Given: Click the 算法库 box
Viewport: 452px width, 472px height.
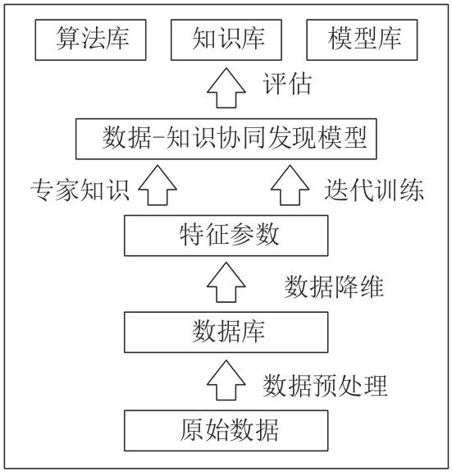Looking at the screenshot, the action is (90, 40).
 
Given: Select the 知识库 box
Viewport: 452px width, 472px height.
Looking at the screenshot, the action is (226, 40).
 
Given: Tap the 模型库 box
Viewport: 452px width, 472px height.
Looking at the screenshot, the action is (362, 40).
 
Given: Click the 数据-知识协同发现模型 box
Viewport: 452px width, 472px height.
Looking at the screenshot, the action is (226, 139).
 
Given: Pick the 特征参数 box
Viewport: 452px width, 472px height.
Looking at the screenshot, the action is (226, 236).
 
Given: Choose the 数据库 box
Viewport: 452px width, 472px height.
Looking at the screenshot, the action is (226, 332).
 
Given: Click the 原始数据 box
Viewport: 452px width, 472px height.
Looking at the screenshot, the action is (226, 430).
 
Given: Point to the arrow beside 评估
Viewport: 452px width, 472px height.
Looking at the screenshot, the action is (226, 88).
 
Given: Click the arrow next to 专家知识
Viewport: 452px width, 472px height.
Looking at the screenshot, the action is (158, 186).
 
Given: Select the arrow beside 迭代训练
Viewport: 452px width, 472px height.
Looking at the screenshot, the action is (290, 186).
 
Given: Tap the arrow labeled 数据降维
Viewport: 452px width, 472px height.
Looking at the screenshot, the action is (226, 282).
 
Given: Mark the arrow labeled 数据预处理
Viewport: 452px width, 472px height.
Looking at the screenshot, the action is (226, 381).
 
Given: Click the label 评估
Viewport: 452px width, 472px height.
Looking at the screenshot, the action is (287, 84).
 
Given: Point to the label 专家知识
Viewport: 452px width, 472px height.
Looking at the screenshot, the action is (80, 190).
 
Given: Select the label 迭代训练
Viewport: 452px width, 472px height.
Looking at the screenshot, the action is (374, 190).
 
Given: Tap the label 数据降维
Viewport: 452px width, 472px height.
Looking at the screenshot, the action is (334, 286).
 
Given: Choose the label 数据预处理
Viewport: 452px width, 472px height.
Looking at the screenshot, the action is (325, 385).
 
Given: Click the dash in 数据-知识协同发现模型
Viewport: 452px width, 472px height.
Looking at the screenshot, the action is (158, 138).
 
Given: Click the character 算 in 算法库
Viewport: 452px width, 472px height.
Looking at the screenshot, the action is (67, 38).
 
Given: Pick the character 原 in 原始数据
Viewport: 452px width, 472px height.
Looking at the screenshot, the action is (192, 430).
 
